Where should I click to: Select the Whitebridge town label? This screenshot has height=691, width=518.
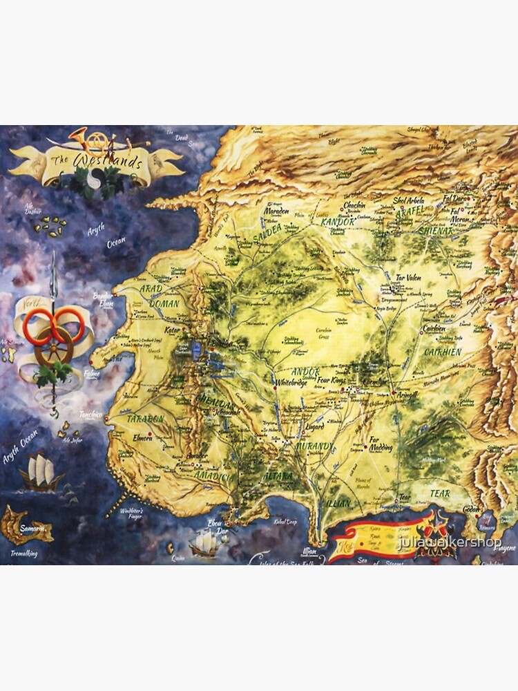pos(290,381)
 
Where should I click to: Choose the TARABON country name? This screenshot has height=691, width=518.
pos(145,419)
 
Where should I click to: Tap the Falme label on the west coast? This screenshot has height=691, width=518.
pos(92,374)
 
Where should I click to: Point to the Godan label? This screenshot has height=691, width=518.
pos(471,509)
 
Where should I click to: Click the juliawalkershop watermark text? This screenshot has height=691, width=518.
pos(450,542)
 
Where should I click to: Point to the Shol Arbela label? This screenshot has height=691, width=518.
pos(408,200)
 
